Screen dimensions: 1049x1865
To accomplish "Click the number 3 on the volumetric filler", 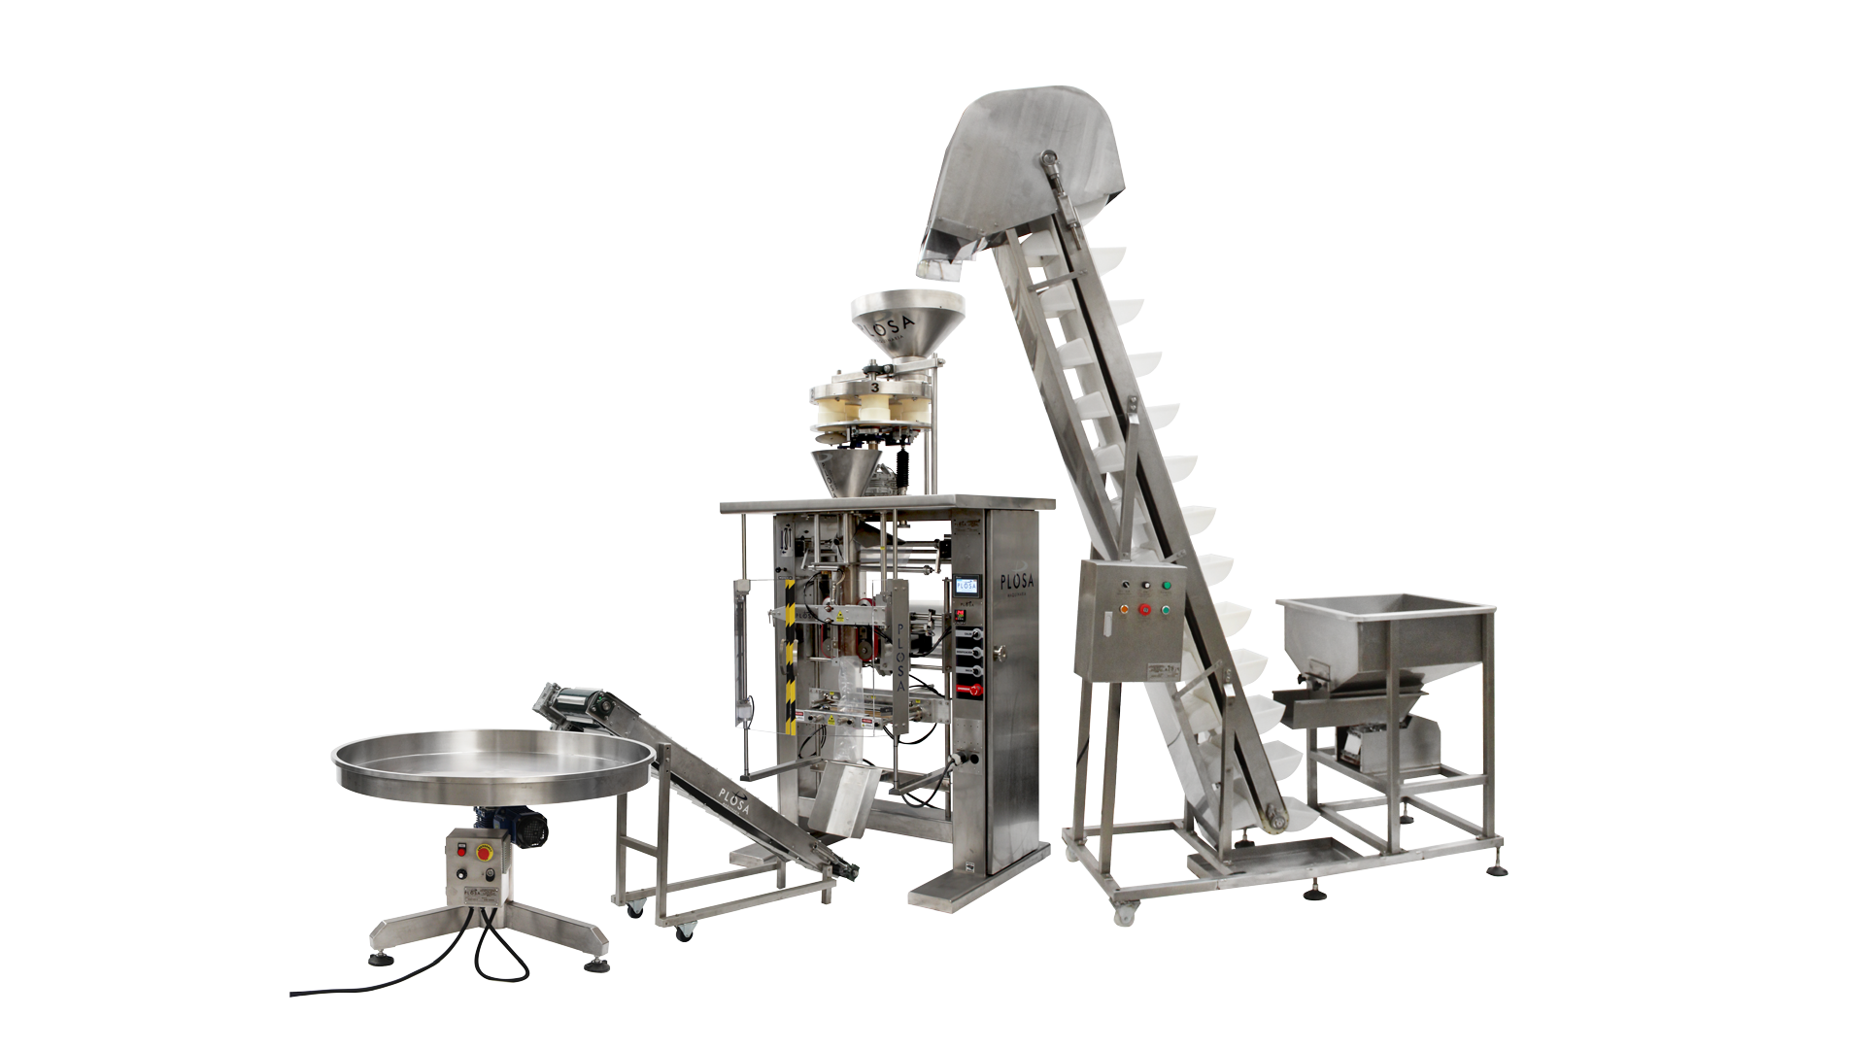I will click(x=876, y=387).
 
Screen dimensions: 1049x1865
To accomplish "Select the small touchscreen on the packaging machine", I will click(x=966, y=588).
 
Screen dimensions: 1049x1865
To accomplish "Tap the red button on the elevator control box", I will click(x=1145, y=610).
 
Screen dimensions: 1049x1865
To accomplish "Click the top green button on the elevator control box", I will click(x=1167, y=586).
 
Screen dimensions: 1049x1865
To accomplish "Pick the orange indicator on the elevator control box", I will click(x=1125, y=610).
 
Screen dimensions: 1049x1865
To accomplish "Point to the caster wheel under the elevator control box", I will click(x=1125, y=913).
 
